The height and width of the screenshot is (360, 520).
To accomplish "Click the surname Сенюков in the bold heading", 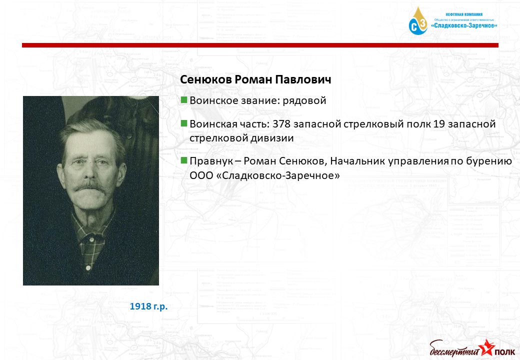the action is click(x=206, y=80).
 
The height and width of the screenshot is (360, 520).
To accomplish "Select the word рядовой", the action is click(x=304, y=101).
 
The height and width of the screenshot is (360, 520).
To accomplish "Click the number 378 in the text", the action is click(x=281, y=124).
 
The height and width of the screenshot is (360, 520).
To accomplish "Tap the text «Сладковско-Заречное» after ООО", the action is click(x=278, y=175).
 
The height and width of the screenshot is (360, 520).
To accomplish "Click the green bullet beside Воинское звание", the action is click(x=184, y=100).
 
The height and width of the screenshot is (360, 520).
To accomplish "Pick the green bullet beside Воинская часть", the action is click(x=184, y=123).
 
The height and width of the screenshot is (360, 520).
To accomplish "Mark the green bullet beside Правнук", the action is click(x=184, y=161).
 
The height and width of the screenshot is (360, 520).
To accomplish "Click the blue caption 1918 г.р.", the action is click(x=148, y=306).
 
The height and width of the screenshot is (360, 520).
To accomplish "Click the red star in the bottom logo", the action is click(x=487, y=347).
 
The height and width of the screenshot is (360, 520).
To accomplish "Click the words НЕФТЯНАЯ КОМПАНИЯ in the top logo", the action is click(x=464, y=14).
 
